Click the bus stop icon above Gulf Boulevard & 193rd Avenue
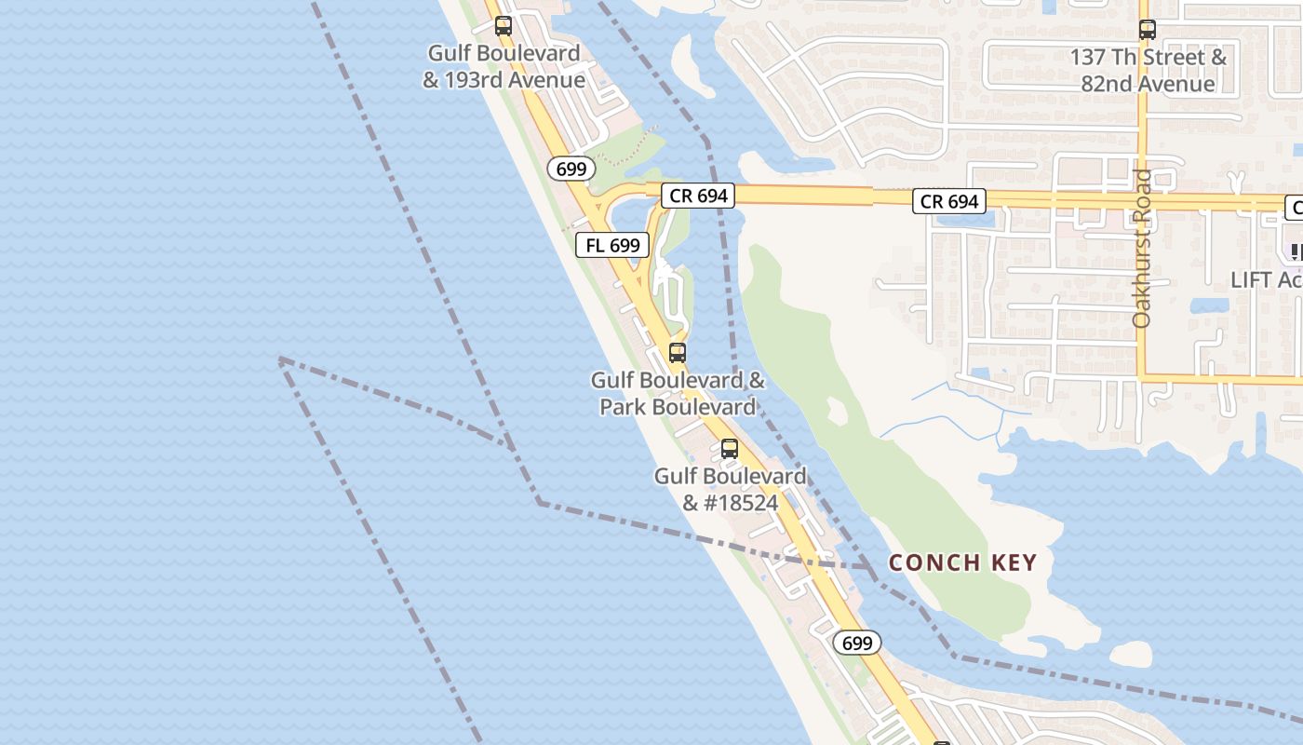(x=504, y=26)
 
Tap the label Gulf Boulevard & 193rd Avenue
(x=504, y=67)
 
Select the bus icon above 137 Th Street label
(x=1147, y=30)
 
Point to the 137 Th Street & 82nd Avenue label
(x=1148, y=71)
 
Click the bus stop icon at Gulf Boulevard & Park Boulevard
(x=678, y=353)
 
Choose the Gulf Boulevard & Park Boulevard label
(x=678, y=394)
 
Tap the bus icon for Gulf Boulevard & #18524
(x=730, y=449)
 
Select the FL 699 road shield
(x=612, y=245)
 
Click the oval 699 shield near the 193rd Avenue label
(x=571, y=169)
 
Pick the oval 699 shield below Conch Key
(x=856, y=643)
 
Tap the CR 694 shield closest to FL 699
(x=698, y=196)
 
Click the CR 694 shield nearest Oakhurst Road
(x=949, y=201)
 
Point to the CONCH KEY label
(x=962, y=562)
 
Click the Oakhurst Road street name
(x=1142, y=248)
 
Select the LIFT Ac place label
(x=1266, y=279)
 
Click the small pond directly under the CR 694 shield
(x=959, y=222)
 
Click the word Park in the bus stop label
(x=621, y=407)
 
